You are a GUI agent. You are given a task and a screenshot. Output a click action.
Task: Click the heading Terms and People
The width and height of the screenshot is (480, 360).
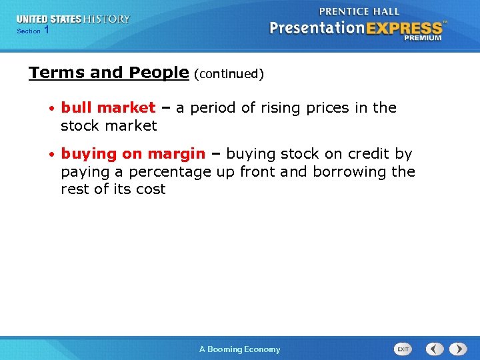point(109,73)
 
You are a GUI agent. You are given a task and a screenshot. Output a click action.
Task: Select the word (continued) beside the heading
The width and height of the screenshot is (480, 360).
point(229,74)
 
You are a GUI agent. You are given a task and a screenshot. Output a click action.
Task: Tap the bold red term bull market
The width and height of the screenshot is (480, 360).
point(108,108)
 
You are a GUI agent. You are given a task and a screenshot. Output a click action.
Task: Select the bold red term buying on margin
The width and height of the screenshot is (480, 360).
point(133,154)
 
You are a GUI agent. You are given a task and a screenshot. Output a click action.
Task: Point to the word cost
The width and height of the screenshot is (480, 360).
point(151,189)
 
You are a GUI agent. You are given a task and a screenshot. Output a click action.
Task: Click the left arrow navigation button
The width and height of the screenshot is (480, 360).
point(435,349)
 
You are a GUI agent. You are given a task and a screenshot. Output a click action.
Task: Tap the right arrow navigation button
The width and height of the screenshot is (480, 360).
point(458,349)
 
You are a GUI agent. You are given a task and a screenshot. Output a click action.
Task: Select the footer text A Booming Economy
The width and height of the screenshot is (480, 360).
point(240,349)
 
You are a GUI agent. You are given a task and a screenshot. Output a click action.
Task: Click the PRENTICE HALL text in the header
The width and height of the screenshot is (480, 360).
point(359,11)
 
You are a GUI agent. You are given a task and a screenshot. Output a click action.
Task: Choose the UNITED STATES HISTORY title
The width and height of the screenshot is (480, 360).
point(73,19)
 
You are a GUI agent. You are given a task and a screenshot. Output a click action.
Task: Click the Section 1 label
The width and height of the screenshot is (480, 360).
point(33,31)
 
